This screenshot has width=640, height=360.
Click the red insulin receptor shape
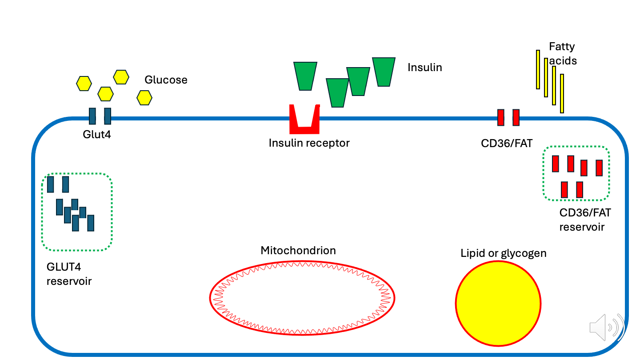304,129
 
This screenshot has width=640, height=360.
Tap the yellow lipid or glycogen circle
498,304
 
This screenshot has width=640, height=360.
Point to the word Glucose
166,80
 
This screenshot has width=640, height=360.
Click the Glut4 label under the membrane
96,134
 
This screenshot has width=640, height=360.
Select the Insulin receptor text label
309,143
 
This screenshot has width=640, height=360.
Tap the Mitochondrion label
298,251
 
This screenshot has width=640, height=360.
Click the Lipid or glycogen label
503,253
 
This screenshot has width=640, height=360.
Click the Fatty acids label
562,53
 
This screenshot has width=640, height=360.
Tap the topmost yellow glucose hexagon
121,77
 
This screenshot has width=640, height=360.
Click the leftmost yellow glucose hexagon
84,83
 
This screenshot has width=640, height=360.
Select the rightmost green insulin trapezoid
384,72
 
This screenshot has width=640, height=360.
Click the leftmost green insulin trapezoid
305,76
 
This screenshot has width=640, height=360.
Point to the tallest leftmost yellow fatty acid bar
538,69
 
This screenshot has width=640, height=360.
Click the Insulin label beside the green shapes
424,68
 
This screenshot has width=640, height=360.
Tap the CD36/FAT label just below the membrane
507,143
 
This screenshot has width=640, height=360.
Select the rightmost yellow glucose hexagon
144,97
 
